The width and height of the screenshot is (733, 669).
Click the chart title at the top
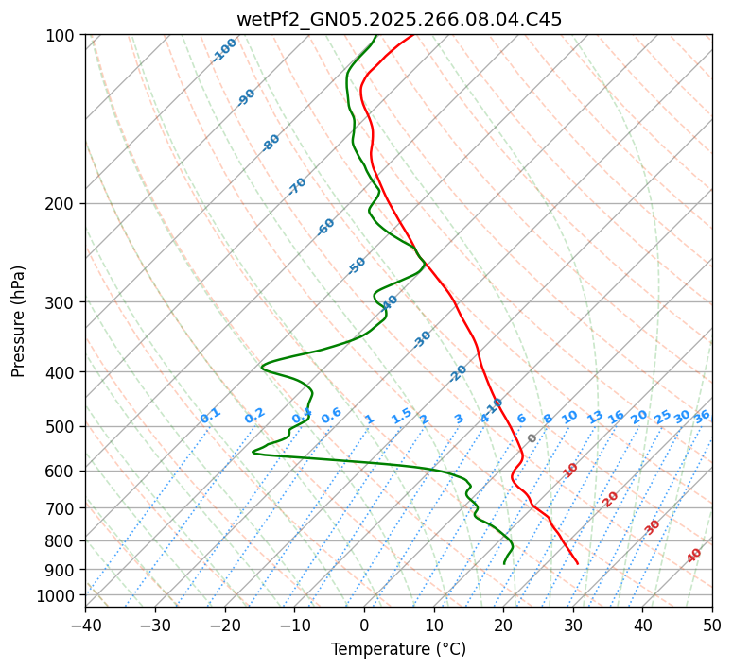coord(398,19)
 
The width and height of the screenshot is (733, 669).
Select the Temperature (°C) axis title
coord(398,649)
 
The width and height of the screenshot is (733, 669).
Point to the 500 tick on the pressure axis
coord(61,426)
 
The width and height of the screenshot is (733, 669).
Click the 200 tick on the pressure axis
coord(61,203)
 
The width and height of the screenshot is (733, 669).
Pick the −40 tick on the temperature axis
coord(85,626)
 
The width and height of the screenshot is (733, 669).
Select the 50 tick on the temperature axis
coord(712,626)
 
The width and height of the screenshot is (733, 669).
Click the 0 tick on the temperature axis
coord(364,626)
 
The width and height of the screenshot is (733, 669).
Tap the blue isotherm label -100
coord(224,50)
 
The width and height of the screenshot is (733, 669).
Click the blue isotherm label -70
coord(297,186)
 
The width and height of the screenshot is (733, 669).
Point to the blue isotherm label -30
coord(422,339)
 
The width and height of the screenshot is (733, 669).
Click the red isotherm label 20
coord(610,499)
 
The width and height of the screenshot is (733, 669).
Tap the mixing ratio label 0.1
coord(210,416)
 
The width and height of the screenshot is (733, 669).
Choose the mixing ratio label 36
coord(702,417)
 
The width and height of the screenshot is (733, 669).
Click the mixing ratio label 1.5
coord(401,416)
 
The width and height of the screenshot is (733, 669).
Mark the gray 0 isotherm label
coord(532,438)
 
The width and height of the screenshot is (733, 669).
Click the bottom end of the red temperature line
coord(578,563)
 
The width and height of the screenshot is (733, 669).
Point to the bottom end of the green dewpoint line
coord(504,563)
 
